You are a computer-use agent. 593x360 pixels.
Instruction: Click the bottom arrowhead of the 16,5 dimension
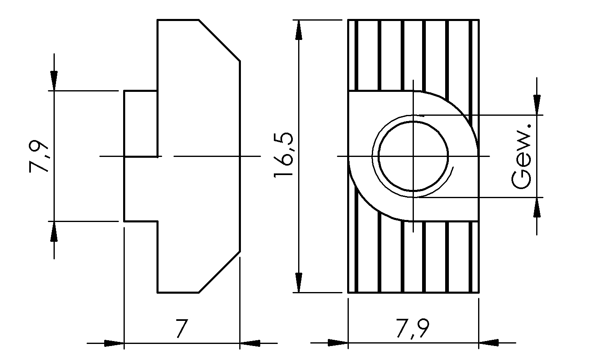tap(299, 283)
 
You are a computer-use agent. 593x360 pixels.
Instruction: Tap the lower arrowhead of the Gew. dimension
tap(536, 208)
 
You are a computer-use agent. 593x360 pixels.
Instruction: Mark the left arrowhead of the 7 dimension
tap(114, 343)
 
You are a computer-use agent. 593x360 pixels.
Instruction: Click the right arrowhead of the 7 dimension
tap(250, 343)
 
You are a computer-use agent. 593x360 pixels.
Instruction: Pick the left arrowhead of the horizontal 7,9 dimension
tap(338, 343)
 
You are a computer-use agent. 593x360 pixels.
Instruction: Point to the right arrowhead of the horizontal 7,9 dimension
tap(489, 343)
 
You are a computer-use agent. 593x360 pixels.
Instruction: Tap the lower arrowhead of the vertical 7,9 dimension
tap(54, 231)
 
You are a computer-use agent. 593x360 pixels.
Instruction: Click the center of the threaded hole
tap(413, 156)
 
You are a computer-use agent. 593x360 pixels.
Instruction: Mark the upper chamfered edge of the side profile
tap(219, 40)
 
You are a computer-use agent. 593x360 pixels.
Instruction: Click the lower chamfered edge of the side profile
tap(219, 272)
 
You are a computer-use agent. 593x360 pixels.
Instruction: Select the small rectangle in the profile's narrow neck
tap(140, 124)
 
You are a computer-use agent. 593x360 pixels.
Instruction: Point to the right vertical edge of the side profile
tap(240, 156)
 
